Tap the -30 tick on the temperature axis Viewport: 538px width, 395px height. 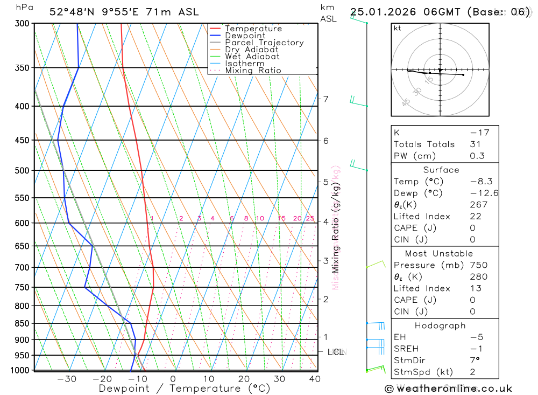point(66,379)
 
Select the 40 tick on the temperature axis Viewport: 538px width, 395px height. point(315,379)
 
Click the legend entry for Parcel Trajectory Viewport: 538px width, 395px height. point(264,43)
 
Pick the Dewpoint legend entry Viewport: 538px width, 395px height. point(245,36)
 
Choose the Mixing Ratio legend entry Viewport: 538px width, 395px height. point(253,71)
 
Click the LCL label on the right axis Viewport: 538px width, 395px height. point(336,352)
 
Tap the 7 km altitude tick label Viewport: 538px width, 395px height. point(325,99)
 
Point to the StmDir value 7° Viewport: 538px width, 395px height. point(473,361)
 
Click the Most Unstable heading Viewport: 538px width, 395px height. point(440,253)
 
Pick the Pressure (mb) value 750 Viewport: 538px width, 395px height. point(478,265)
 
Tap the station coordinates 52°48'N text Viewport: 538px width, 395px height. point(72,12)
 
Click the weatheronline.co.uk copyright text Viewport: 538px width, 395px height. point(448,389)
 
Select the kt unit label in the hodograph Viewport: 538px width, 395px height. point(398,28)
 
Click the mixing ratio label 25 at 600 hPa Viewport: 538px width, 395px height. point(310,218)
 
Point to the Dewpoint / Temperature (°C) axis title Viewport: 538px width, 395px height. point(185,389)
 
